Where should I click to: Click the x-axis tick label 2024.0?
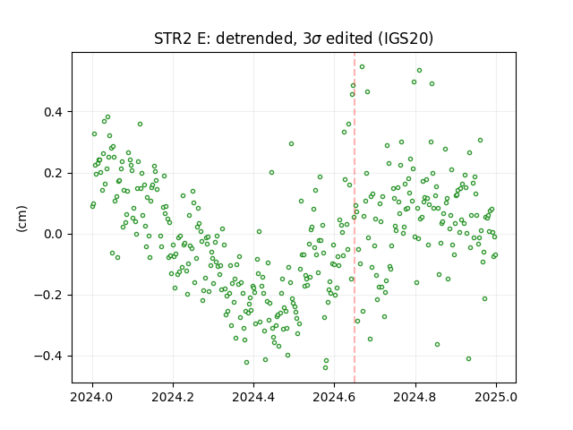[x=92, y=397]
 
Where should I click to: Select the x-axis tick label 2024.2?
[x=173, y=397]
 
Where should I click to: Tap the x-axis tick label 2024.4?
[x=253, y=397]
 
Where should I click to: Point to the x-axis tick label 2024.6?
[x=334, y=397]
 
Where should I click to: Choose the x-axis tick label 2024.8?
[x=415, y=397]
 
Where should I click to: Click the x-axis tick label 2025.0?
[x=496, y=397]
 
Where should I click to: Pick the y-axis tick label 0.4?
[x=54, y=112]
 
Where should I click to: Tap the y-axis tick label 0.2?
[x=54, y=173]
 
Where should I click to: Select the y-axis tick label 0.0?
[x=54, y=234]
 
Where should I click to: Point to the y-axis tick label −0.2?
[x=49, y=295]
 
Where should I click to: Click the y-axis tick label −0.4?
[x=49, y=357]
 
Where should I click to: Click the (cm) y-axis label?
[x=21, y=219]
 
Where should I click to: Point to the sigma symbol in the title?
[x=316, y=39]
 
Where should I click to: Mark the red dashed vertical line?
[x=355, y=218]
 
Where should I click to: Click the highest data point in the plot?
[x=362, y=66]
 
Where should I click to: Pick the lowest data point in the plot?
[x=325, y=367]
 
